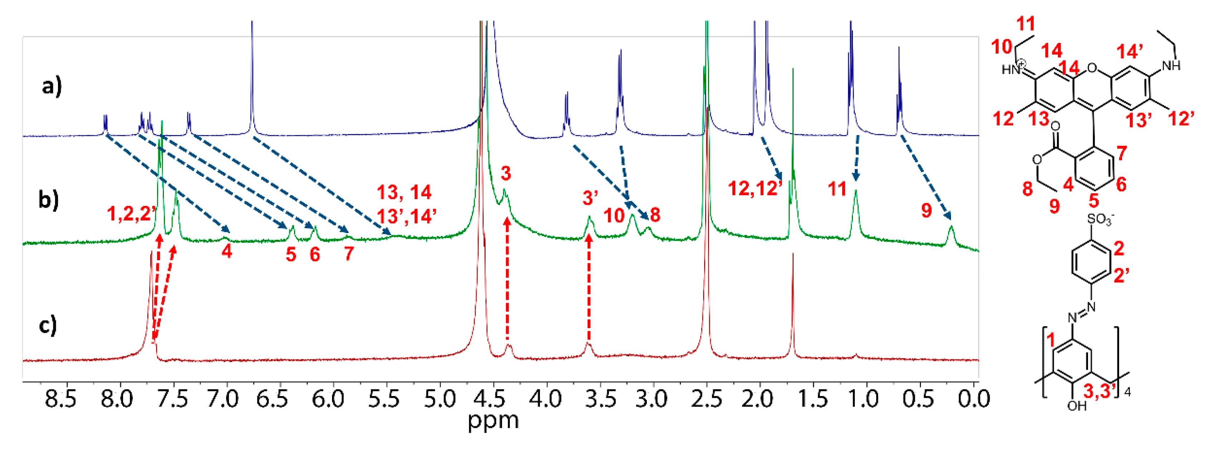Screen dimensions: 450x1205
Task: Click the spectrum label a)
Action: [52, 87]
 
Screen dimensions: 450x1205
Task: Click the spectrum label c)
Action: [47, 325]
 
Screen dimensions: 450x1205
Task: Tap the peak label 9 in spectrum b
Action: [926, 211]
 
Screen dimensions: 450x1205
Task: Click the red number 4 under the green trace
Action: [227, 252]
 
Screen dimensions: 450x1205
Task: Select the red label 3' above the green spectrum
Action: [590, 198]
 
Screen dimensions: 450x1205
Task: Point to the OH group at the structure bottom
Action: [1077, 406]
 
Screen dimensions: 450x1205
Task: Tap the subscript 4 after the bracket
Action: [1127, 392]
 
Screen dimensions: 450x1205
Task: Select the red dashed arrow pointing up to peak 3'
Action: [589, 290]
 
